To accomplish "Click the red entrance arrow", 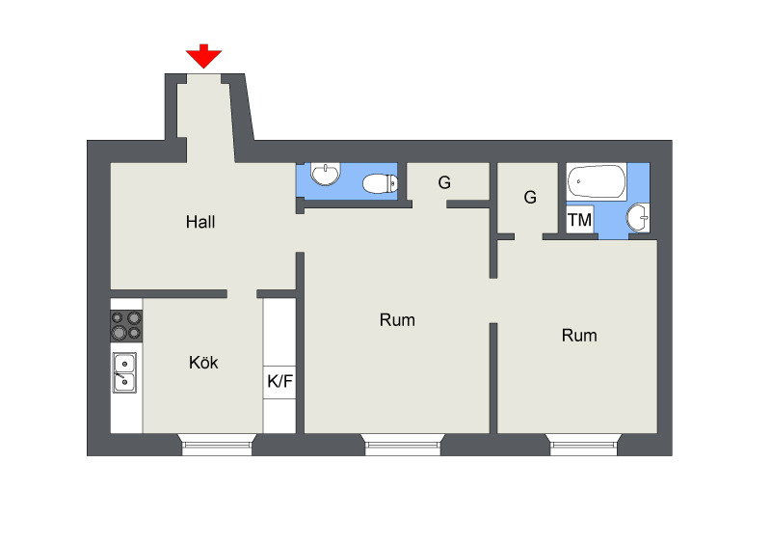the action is pos(203,56).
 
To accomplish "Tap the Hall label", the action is pos(200,222).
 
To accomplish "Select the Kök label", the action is pos(203,363).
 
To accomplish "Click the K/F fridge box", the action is pos(279,382).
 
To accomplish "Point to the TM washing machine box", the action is pos(580,220).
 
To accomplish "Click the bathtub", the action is pos(597,181).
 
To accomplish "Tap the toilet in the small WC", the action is pos(380,183).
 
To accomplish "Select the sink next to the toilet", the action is pos(326,174).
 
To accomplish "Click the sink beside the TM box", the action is pos(638,217).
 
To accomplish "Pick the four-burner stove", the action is pos(126,326).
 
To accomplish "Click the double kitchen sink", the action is pos(125,372).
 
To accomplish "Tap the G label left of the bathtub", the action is pos(530,198).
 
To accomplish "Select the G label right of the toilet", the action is pos(444,182).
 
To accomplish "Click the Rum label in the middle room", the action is pos(397,320).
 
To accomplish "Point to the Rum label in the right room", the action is pos(579,336).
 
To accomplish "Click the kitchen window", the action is pos(217,445).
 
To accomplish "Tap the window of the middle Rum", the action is pos(403,445).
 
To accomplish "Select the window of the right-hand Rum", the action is pos(584,445).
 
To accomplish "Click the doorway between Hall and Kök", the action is pos(242,294).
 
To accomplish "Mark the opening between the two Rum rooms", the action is pos(493,301).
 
